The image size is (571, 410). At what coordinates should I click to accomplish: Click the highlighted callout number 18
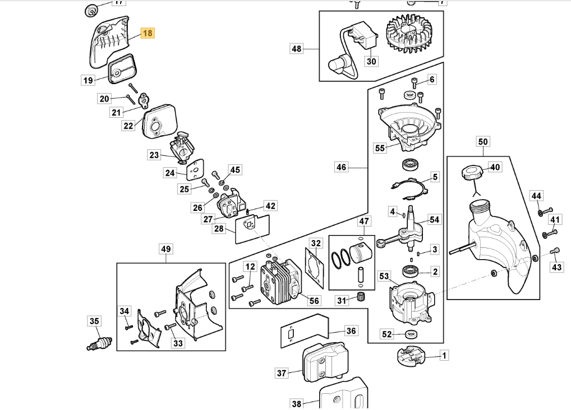[147, 33]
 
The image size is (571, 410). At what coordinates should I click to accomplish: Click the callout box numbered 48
[296, 49]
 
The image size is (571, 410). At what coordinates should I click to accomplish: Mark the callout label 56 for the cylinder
[314, 301]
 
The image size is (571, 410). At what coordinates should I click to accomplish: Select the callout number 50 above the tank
[483, 141]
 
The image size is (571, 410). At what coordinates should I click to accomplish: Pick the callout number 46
[342, 167]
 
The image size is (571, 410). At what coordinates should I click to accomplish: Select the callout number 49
[165, 248]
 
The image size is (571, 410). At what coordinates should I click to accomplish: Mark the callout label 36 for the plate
[351, 330]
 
